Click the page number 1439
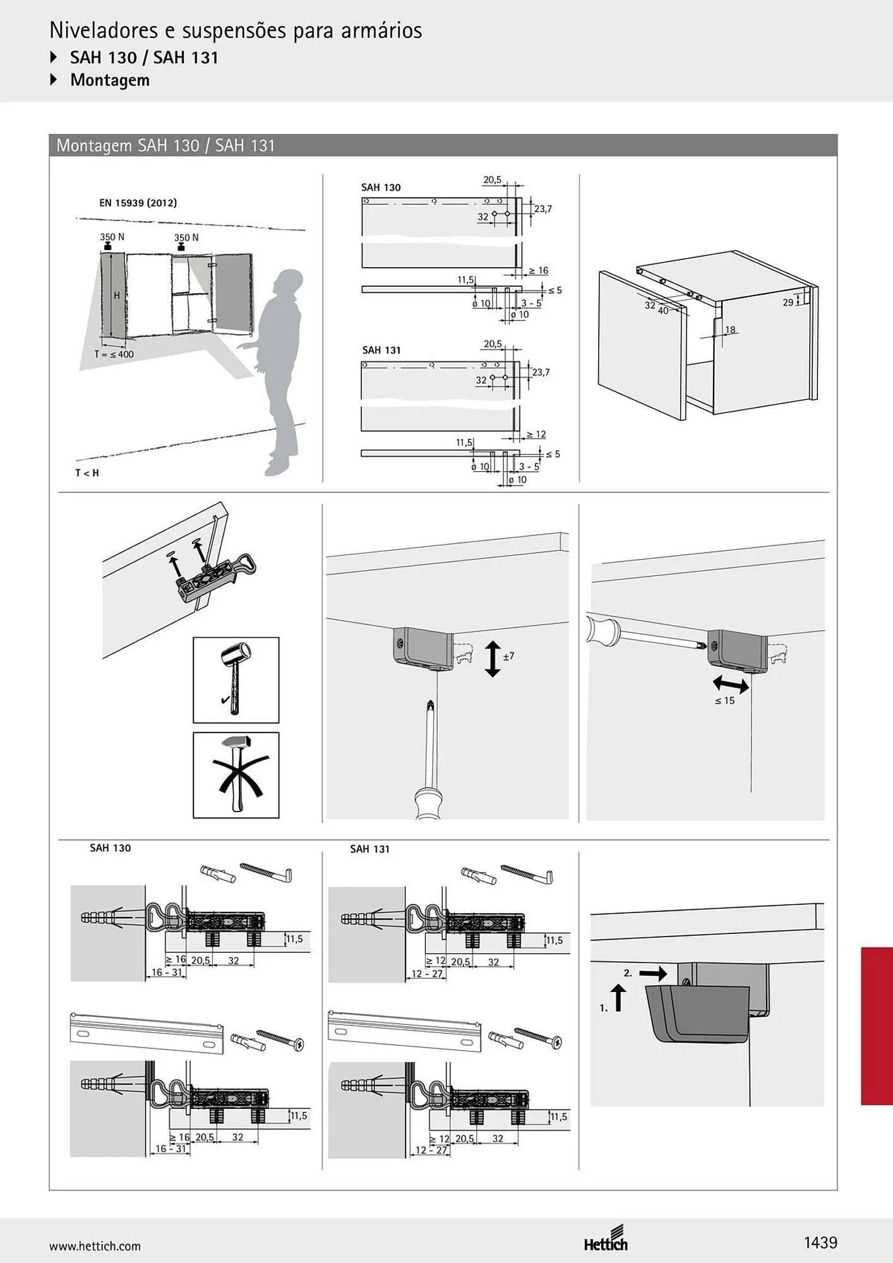coord(820,1243)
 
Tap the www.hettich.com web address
coord(95,1247)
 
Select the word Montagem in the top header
coord(110,80)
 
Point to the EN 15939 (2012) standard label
coord(138,203)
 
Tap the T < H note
coord(87,473)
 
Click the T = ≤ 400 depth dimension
coord(114,354)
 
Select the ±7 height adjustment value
coord(508,656)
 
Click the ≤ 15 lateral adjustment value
coord(724,701)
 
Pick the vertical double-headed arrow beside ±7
coord(493,659)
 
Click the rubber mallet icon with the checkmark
coord(236,679)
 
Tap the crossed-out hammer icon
coord(236,775)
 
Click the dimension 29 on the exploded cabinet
coord(788,302)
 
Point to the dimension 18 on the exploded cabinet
coord(731,330)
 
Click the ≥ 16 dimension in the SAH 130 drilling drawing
coord(538,270)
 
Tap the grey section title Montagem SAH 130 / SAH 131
coord(165,146)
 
